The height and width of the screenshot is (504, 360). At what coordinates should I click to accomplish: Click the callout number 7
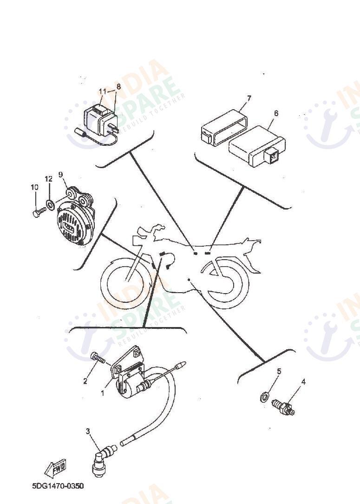(x=249, y=98)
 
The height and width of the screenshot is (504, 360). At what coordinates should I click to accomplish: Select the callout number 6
(x=276, y=113)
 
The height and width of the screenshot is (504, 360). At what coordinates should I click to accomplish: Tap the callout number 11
(x=102, y=91)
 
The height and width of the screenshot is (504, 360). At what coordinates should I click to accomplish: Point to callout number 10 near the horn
(x=34, y=187)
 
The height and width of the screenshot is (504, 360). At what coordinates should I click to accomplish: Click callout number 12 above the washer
(x=49, y=179)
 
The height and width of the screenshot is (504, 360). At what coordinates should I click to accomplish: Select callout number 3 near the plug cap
(x=88, y=431)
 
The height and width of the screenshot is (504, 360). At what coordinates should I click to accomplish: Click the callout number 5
(x=279, y=371)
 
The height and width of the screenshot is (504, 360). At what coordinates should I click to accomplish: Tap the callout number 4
(x=303, y=382)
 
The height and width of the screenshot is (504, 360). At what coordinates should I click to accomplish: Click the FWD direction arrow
(x=55, y=466)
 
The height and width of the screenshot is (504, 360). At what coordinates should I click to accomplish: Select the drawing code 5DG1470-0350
(x=58, y=486)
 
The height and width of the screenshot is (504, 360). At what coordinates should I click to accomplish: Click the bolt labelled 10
(x=38, y=212)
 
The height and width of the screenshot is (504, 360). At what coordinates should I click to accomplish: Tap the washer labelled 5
(x=263, y=397)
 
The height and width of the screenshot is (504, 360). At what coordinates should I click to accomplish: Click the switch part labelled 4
(x=283, y=407)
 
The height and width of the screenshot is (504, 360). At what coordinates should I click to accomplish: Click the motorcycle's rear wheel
(x=226, y=283)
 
